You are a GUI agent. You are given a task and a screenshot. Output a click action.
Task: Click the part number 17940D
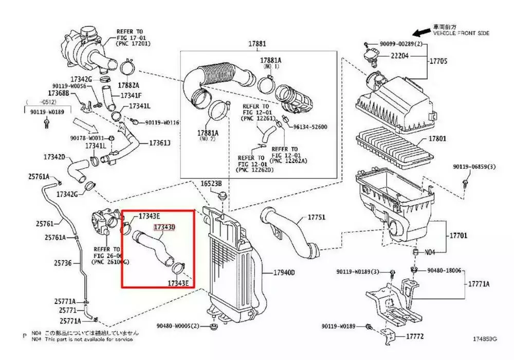[284, 272]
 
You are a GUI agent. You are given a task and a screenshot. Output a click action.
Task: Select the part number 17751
[317, 218]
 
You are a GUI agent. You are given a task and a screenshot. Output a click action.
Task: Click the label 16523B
[211, 184]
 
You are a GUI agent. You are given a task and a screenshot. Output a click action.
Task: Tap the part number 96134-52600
[310, 127]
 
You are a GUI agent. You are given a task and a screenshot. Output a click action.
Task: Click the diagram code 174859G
[485, 339]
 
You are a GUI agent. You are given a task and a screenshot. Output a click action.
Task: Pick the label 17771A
[478, 284]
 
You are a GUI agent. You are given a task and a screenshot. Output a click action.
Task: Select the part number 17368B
[58, 94]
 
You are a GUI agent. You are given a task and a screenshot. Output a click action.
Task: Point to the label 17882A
[128, 84]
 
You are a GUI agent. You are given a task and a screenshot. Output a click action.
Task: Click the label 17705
[438, 61]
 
